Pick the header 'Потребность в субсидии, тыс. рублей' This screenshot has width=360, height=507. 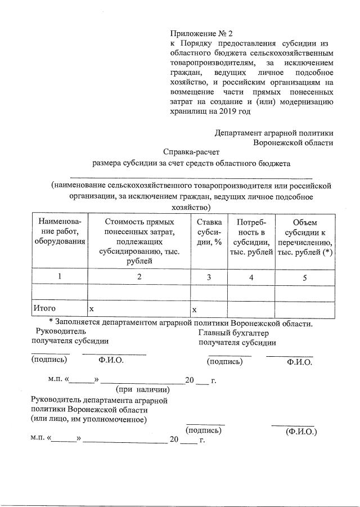pyautogui.click(x=251, y=237)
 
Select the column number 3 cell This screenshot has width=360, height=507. pyautogui.click(x=209, y=277)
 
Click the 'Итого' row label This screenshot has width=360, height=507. pyautogui.click(x=46, y=309)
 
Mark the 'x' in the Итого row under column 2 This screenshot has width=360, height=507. pyautogui.click(x=92, y=309)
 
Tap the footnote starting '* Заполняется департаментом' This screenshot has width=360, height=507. pyautogui.click(x=180, y=323)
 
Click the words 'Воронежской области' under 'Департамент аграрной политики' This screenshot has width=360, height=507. pyautogui.click(x=293, y=142)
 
